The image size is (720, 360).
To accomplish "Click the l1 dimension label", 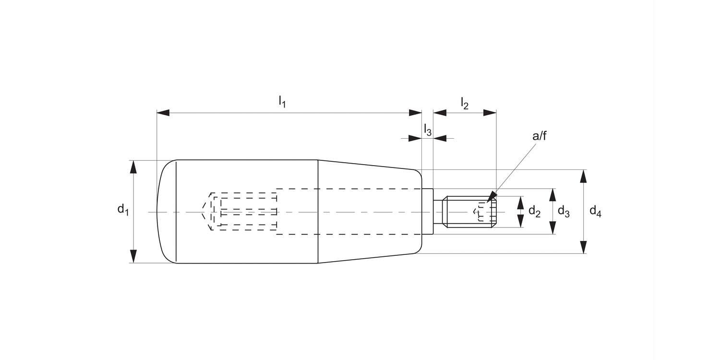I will [x=282, y=102].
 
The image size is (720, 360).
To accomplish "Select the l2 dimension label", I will [x=464, y=103].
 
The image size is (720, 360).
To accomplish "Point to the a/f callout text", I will [x=540, y=136].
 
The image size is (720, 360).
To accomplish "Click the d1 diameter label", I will [x=123, y=209].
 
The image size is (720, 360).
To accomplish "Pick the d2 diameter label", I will [x=534, y=211].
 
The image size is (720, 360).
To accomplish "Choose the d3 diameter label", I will [x=564, y=212].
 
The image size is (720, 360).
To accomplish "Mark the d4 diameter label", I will [x=595, y=211].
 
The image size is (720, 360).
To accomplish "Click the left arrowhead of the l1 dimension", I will [x=163, y=113].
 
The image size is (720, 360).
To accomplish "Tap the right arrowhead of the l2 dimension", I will [x=490, y=113].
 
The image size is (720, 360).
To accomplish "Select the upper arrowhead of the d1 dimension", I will [x=133, y=166].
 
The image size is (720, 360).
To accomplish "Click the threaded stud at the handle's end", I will [x=468, y=212].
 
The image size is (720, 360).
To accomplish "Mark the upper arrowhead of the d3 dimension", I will [x=552, y=195].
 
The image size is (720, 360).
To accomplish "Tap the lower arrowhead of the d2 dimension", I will [x=520, y=221].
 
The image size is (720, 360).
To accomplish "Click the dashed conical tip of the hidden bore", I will [x=207, y=212].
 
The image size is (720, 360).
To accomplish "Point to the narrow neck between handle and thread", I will [x=438, y=212].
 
